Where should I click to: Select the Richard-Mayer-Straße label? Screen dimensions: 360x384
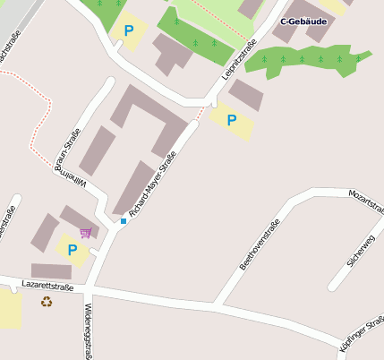tap(152, 185)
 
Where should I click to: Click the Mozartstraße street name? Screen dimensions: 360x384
tap(366, 202)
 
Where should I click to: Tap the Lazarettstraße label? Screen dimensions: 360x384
tap(47, 287)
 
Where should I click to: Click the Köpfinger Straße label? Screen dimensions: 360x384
tap(363, 333)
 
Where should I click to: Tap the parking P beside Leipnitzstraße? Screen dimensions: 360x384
tap(232, 120)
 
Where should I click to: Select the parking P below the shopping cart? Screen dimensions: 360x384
tap(72, 250)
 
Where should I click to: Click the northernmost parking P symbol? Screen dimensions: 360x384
tap(129, 31)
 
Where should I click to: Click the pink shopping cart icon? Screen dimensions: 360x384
tap(86, 233)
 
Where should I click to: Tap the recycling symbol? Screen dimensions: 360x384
tap(47, 302)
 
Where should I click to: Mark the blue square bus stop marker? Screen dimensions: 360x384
tap(124, 220)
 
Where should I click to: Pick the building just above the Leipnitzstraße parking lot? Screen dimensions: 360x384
tap(244, 94)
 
